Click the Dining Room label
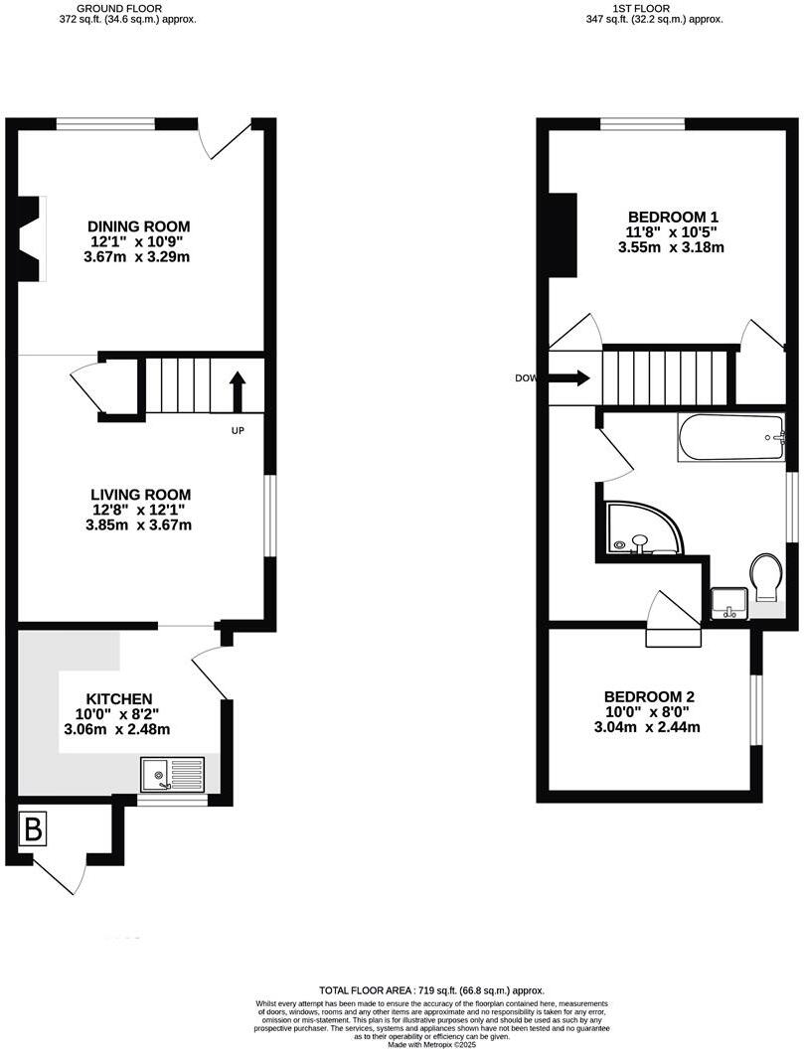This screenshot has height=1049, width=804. (x=139, y=226)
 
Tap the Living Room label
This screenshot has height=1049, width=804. (x=140, y=495)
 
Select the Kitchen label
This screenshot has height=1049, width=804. (x=119, y=699)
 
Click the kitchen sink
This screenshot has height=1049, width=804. (x=172, y=773)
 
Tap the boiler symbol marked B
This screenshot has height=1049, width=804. (x=33, y=830)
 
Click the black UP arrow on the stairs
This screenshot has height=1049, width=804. (x=238, y=391)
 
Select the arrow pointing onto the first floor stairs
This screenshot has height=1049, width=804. (x=569, y=377)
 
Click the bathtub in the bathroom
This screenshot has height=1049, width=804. (x=731, y=439)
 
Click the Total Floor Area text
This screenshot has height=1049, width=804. (x=431, y=991)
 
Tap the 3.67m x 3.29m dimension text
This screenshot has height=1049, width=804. (x=138, y=257)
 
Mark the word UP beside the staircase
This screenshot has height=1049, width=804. (x=238, y=431)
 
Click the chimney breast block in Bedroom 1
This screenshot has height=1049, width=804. (x=563, y=232)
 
